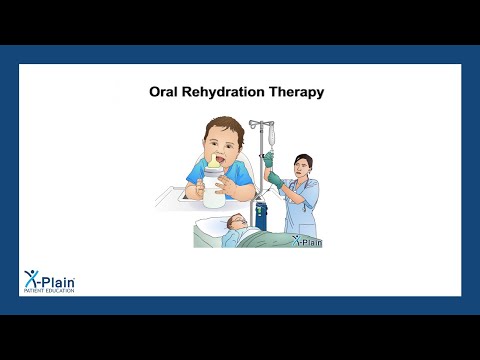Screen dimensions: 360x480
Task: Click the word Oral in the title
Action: pos(165,92)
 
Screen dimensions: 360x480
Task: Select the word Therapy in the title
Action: pos(299,92)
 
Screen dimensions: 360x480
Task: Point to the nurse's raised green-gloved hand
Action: pos(274,179)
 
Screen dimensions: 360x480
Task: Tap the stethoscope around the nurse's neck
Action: pos(302,184)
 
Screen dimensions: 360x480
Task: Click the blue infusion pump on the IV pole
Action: pos(262,213)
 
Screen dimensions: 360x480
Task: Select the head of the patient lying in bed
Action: pos(235,223)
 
